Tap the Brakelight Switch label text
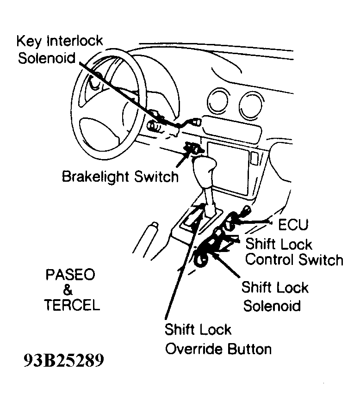[x=120, y=176]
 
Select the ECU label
[x=293, y=225]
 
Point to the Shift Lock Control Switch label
[x=294, y=252]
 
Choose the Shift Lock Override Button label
[x=218, y=339]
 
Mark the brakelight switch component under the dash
[x=193, y=149]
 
